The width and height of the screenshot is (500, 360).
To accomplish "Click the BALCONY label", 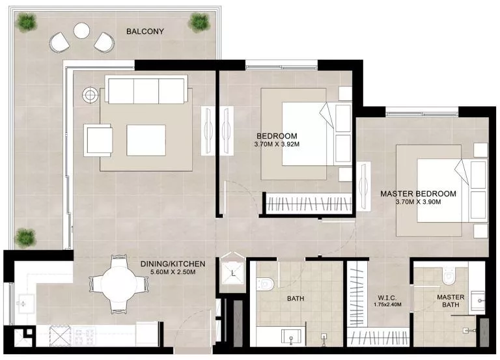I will (x=145, y=31).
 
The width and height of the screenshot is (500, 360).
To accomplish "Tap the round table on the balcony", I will (x=82, y=30).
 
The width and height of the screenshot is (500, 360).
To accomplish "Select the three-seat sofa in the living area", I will (x=146, y=90).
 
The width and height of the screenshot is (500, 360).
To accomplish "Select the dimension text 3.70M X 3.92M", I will (x=277, y=137).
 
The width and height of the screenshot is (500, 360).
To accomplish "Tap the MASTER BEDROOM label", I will (x=418, y=194).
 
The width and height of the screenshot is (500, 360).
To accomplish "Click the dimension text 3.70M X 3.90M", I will (x=418, y=202).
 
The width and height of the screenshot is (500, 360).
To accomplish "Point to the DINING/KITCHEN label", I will (x=173, y=264).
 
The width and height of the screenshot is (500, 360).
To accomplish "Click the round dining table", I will (x=118, y=283).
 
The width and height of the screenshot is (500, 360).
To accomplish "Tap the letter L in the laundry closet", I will (x=233, y=274).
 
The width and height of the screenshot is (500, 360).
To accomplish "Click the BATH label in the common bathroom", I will (x=296, y=299).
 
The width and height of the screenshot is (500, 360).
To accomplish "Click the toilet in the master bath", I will (x=449, y=277).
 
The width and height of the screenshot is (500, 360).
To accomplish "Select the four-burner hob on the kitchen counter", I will (x=83, y=337).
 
